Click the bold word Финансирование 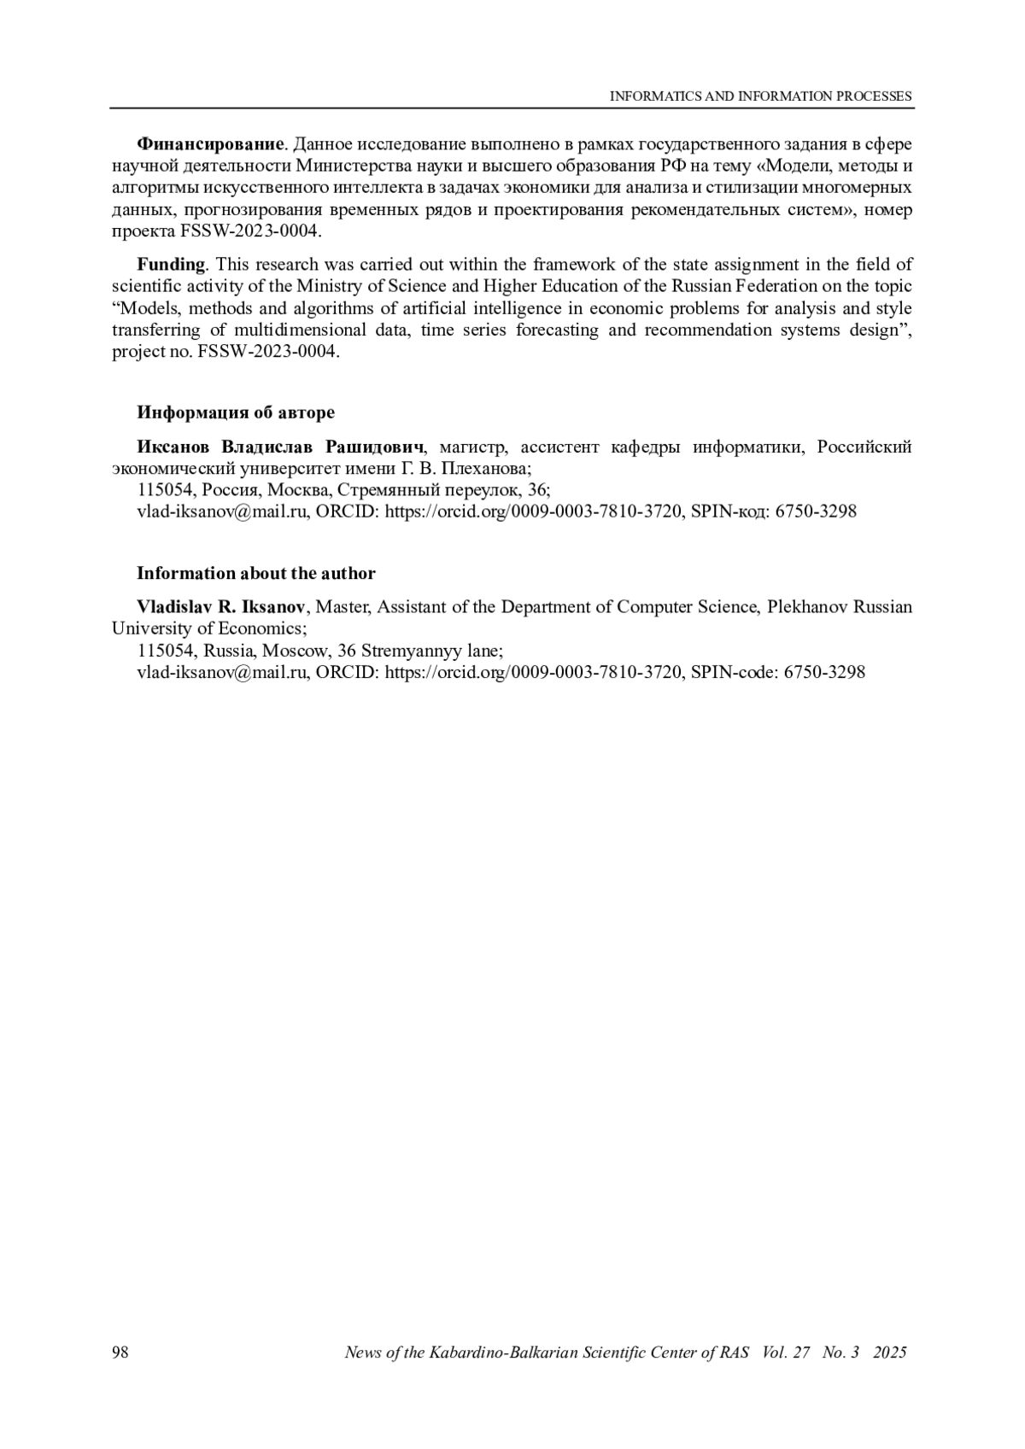(x=209, y=143)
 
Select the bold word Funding (x=171, y=264)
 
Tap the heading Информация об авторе (x=236, y=412)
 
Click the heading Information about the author (x=255, y=573)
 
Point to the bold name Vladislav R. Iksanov (x=220, y=607)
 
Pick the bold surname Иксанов (x=174, y=447)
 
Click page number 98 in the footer (x=120, y=1353)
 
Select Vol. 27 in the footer (x=786, y=1353)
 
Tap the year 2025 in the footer (x=890, y=1353)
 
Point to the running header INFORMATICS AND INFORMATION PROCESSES (x=760, y=96)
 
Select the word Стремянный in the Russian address (x=381, y=490)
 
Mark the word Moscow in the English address (x=296, y=651)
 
